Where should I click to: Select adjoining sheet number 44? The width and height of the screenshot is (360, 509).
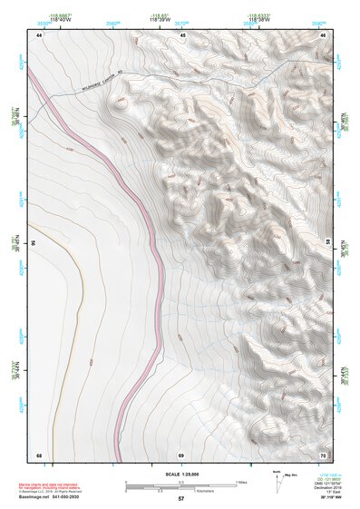pos(40,34)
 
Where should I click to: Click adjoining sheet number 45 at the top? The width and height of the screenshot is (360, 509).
pos(182,34)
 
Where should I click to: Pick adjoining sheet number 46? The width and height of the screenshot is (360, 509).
pos(324,34)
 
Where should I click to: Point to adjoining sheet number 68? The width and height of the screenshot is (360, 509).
pos(39,454)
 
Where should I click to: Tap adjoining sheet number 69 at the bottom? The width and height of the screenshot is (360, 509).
pos(181,454)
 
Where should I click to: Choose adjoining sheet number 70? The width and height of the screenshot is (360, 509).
pos(323,454)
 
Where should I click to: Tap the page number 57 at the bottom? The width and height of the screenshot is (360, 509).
pos(181,498)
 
